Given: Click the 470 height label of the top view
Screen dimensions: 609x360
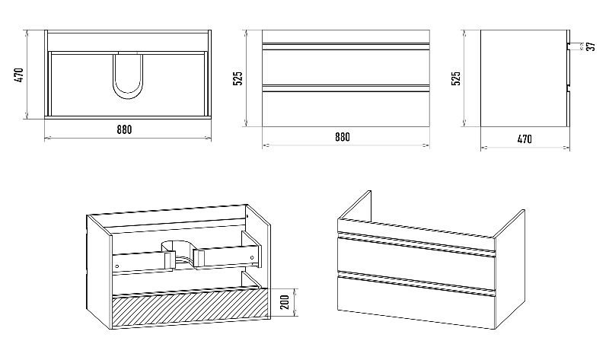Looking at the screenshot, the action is pos(18,75).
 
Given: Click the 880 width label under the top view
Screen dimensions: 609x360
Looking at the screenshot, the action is pos(124,129).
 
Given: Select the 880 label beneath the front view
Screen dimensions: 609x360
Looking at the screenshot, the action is pos(342,137).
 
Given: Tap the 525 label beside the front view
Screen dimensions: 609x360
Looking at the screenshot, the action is pos(238,78).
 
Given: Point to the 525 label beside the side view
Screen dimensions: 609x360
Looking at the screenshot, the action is pos(456,78).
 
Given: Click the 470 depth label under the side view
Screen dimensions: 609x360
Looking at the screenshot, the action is pos(525,139).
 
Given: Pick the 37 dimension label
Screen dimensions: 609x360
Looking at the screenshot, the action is pos(591,46).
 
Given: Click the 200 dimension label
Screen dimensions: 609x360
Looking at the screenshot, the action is pos(285,302).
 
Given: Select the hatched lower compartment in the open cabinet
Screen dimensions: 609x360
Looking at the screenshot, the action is pos(191,307).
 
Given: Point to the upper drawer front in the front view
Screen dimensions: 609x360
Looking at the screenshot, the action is pos(346,67).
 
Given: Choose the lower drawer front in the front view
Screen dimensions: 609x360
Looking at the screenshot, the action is pos(346,109).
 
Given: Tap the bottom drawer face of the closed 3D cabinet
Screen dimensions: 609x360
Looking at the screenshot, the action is pos(416,302).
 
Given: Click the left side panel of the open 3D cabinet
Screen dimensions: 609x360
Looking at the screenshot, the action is pos(99,272).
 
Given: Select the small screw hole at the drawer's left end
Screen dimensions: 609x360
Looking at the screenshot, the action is pos(117,266).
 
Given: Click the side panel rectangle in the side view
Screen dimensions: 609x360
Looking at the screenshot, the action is pos(524,78).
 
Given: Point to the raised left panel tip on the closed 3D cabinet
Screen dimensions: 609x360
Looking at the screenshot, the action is pos(369,191).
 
